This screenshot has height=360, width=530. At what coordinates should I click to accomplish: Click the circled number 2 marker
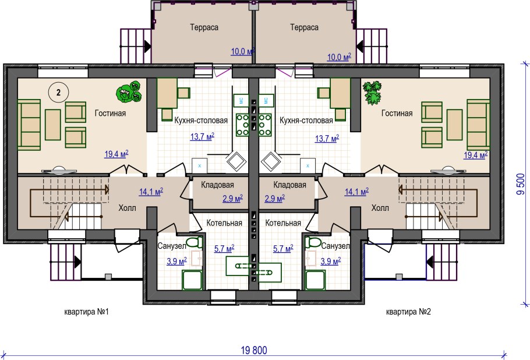click(58, 92)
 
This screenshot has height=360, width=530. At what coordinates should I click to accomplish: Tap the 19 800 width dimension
click(254, 350)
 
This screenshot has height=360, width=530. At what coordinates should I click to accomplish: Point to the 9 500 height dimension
click(521, 184)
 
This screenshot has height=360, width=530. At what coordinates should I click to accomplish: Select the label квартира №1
click(87, 312)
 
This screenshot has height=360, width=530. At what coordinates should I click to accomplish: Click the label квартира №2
click(408, 312)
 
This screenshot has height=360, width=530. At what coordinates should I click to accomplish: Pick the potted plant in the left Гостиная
click(129, 91)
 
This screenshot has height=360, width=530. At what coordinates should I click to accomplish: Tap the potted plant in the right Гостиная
click(372, 92)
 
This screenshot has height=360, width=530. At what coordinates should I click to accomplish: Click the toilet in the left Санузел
click(195, 243)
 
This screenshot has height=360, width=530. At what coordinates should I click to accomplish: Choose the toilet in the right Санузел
click(313, 243)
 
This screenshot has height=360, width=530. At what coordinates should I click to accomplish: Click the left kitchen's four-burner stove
click(242, 125)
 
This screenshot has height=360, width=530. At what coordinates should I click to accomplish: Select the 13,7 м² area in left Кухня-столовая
click(202, 137)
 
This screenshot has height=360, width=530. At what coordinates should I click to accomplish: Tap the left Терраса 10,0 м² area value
click(242, 52)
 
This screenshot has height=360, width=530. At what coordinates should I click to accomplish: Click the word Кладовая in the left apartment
click(217, 185)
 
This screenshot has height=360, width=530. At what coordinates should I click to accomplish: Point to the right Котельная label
click(283, 223)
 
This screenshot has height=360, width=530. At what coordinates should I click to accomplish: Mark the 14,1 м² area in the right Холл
click(356, 192)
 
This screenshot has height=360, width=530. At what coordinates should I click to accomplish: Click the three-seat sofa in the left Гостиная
click(29, 125)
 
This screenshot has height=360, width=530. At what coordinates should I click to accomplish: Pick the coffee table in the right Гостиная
click(454, 125)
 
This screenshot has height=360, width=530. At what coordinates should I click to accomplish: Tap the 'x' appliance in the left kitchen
click(199, 165)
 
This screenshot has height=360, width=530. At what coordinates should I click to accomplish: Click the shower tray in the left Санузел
click(192, 280)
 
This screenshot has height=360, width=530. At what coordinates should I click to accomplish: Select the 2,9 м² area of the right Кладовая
click(274, 199)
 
